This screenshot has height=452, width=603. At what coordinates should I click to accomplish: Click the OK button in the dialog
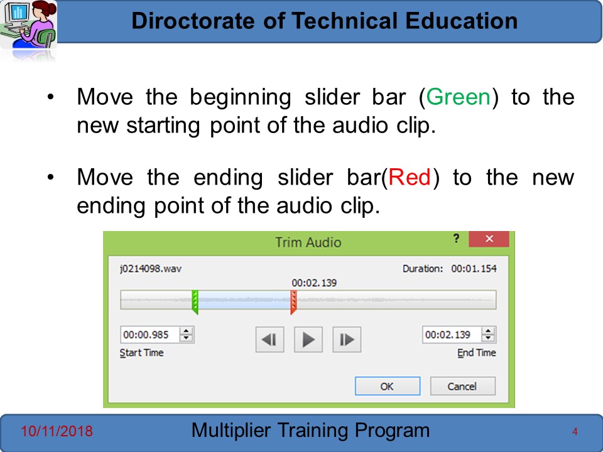click(x=388, y=386)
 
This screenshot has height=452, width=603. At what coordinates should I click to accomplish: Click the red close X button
click(x=489, y=239)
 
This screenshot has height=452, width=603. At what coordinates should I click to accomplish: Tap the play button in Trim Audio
click(x=308, y=340)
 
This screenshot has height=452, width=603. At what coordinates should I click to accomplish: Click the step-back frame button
click(x=269, y=340)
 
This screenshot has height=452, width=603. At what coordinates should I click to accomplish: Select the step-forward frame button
click(x=347, y=340)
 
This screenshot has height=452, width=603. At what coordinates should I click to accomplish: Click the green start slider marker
click(x=195, y=302)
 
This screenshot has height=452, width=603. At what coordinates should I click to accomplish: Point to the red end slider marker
click(x=293, y=302)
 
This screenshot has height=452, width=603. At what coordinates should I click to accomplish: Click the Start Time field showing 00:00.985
click(x=149, y=335)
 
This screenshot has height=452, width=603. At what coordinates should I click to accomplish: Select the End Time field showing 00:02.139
click(x=452, y=335)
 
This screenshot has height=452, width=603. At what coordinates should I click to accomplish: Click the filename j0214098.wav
click(x=150, y=268)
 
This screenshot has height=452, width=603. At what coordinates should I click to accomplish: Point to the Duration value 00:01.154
click(x=474, y=268)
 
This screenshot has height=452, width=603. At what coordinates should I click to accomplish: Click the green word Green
click(x=459, y=97)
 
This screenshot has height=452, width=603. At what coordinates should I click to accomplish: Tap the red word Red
click(x=410, y=177)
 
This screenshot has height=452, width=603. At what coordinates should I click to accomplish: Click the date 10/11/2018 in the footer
click(x=57, y=431)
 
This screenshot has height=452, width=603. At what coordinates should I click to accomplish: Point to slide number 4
click(x=575, y=432)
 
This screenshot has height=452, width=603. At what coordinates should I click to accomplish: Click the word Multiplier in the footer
click(x=231, y=431)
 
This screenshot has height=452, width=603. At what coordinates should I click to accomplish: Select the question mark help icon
click(x=456, y=239)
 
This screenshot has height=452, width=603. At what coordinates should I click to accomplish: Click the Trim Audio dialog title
click(x=308, y=242)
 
